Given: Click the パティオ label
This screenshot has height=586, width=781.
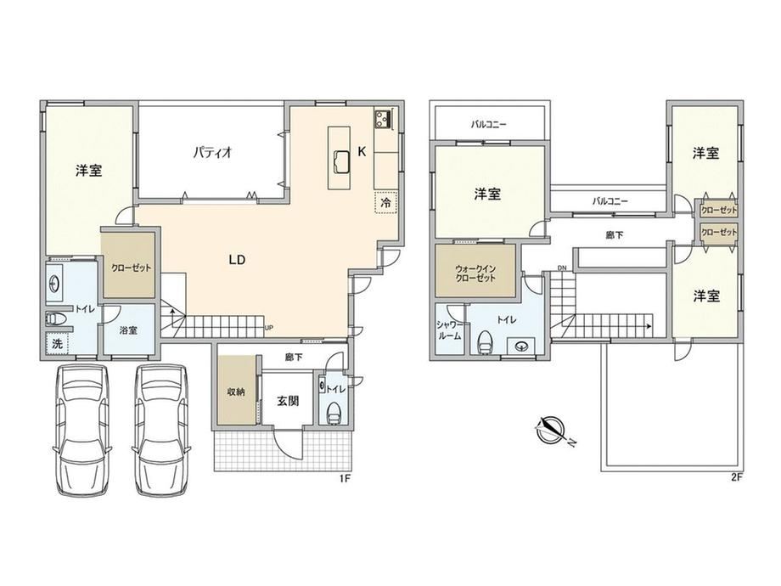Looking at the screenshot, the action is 213,151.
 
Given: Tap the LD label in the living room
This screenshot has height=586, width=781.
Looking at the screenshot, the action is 237,260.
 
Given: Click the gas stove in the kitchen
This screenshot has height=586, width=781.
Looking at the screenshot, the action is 383,119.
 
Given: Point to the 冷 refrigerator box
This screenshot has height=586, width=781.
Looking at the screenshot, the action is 386,203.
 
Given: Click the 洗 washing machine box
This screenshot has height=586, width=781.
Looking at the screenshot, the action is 58,343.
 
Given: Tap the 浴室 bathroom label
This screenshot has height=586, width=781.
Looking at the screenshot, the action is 129,330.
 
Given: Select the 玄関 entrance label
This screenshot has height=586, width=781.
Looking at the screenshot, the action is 288,400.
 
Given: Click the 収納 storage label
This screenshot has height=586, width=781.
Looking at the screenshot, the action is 236,392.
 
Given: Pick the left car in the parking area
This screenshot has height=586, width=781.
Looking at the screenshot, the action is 81,430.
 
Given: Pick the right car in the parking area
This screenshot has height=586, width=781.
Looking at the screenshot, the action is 161,430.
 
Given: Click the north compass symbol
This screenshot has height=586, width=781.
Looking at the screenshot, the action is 550,430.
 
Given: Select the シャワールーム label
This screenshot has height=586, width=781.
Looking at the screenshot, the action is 449,330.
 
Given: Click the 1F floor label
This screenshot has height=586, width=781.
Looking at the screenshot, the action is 346,478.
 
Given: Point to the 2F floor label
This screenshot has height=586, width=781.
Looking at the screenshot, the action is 737,477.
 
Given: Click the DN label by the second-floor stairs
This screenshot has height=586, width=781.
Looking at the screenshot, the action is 562,268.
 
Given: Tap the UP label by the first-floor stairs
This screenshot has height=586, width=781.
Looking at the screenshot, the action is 269,327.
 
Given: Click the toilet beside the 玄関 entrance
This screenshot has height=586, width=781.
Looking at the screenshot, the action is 334,413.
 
